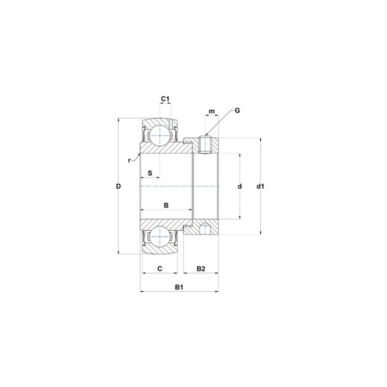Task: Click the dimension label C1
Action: point(165,99)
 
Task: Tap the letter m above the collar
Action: point(211,112)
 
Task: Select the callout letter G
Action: point(237,110)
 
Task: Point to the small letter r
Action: point(129,160)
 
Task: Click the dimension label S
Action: point(150,173)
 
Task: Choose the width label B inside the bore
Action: point(166,205)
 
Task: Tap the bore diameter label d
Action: point(239,186)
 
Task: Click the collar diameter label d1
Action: point(261,186)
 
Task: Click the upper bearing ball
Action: point(159,135)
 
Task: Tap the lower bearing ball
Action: point(159,237)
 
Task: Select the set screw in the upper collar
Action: point(205,145)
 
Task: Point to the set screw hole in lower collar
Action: point(205,229)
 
